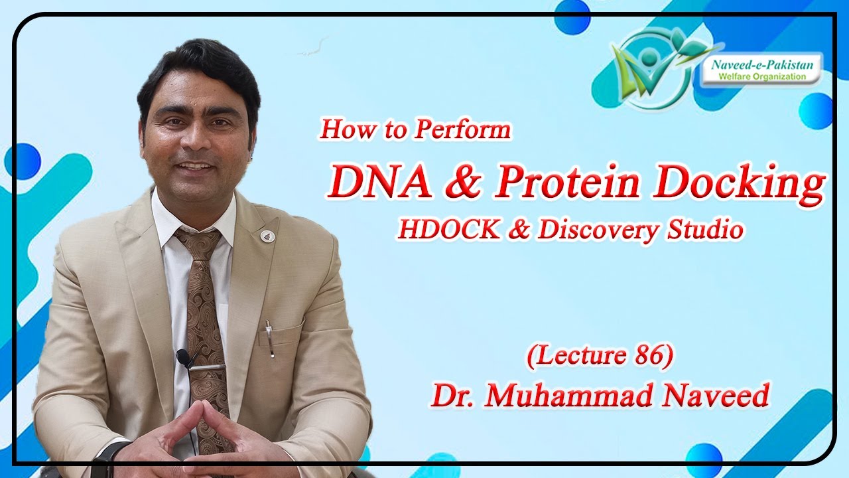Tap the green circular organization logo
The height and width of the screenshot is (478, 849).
(653, 66)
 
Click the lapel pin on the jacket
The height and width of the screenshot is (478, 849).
(267, 235)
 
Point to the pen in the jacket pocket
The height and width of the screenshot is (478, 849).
(269, 338)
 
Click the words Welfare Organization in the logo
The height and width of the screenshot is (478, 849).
(764, 76)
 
